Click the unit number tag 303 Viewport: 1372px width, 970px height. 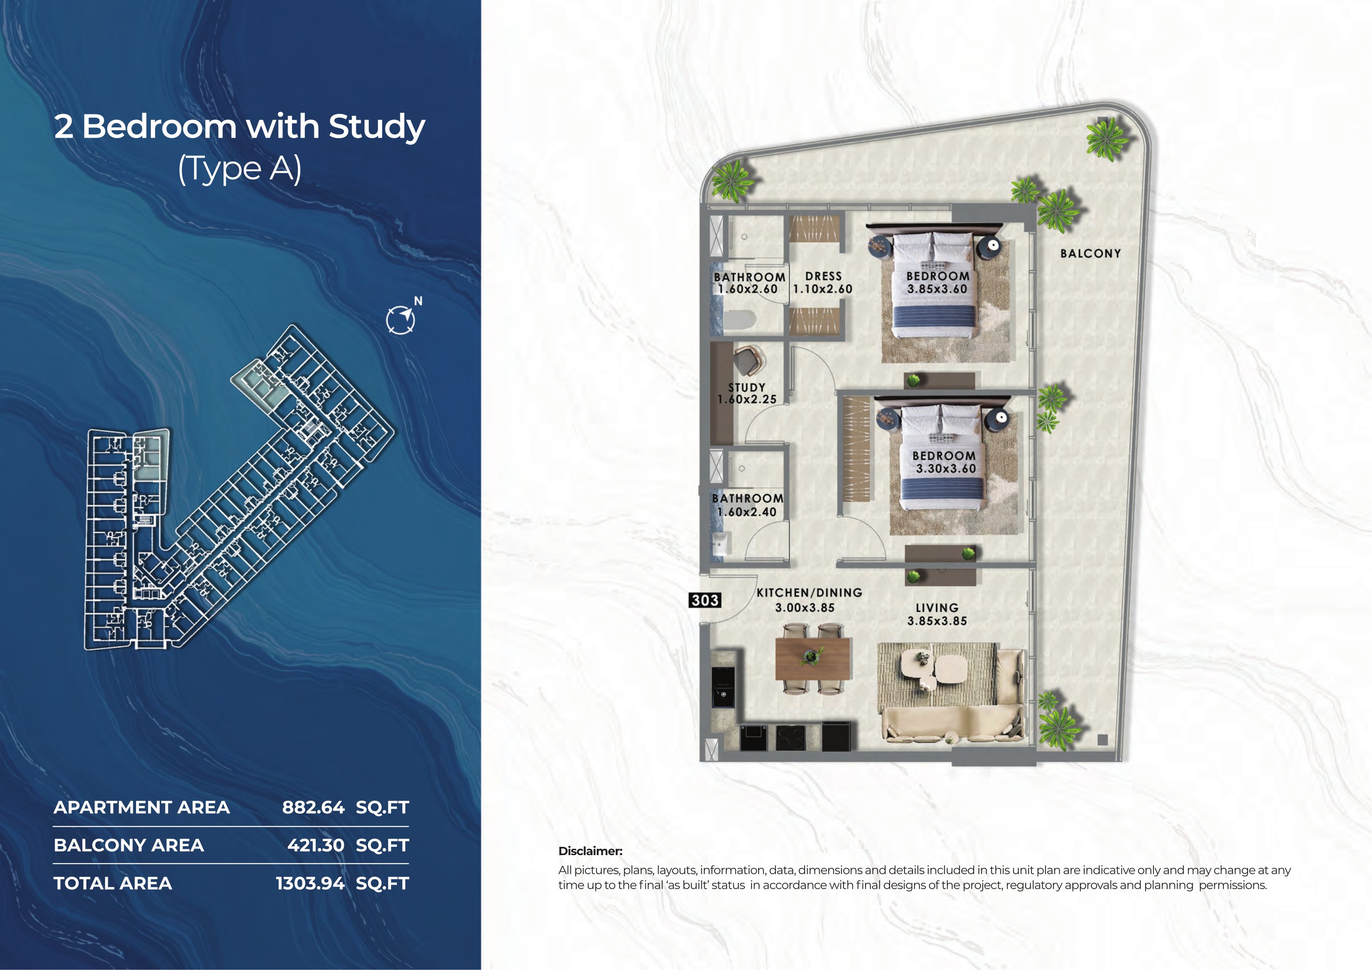[x=705, y=600]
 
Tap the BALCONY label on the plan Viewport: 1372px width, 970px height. [x=1090, y=253]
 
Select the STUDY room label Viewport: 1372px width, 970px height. [x=747, y=387]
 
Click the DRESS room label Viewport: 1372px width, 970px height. [x=823, y=276]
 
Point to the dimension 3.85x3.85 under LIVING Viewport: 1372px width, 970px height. [x=937, y=621]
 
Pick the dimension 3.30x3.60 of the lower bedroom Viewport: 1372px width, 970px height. [x=946, y=469]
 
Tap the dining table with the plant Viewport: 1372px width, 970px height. [x=813, y=659]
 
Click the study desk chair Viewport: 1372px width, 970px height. [x=748, y=360]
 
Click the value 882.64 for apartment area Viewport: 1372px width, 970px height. [x=313, y=807]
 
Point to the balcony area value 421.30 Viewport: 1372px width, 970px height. [x=316, y=845]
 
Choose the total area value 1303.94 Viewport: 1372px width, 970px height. [x=310, y=883]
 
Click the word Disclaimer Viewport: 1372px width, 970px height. [x=590, y=851]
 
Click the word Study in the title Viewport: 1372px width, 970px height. [x=377, y=127]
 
